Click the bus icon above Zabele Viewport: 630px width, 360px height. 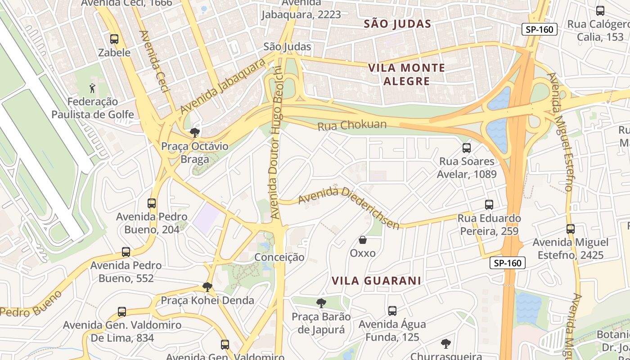[x=114, y=39]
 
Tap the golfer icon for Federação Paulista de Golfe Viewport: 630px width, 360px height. [x=92, y=88]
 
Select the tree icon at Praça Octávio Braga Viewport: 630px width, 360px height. [x=195, y=133]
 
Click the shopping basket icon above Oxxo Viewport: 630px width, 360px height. [x=362, y=240]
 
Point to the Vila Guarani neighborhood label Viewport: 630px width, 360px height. [x=376, y=281]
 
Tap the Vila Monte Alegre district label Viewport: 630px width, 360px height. [x=406, y=75]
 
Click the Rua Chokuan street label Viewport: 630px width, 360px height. [x=352, y=125]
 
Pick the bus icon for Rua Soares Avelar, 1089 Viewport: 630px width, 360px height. [x=467, y=148]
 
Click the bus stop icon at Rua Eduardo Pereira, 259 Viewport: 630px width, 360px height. [x=489, y=205]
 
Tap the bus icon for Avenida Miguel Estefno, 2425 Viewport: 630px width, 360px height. [x=571, y=229]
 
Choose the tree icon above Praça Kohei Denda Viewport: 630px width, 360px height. [x=207, y=287]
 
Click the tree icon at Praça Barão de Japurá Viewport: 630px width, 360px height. [x=321, y=303]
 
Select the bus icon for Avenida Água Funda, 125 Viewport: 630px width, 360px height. [x=392, y=310]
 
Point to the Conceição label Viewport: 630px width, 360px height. [x=279, y=257]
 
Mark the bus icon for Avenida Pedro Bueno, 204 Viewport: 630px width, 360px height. [x=152, y=203]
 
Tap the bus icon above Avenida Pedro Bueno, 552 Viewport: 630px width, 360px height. [x=126, y=252]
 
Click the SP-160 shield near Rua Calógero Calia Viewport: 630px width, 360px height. [x=540, y=30]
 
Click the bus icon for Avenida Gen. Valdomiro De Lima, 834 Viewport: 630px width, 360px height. [x=121, y=311]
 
